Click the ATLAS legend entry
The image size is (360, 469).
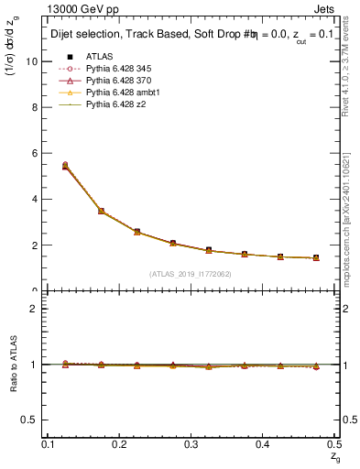pyautogui.click(x=102, y=57)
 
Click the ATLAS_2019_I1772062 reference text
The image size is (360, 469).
pyautogui.click(x=191, y=273)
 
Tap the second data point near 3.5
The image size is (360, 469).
pyautogui.click(x=101, y=211)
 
